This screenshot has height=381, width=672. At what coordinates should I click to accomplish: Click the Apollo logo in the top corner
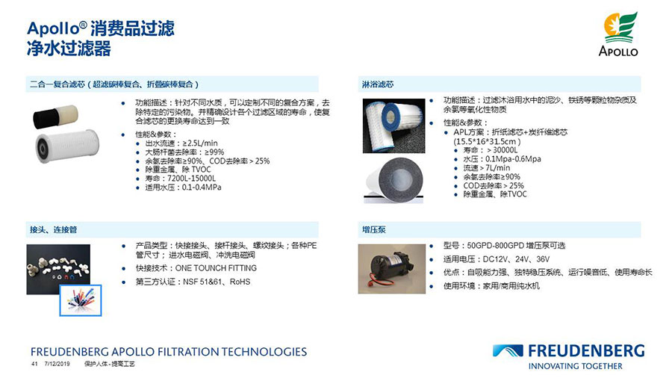pos(619,34)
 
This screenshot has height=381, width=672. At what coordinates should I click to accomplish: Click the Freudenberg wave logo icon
pos(508,350)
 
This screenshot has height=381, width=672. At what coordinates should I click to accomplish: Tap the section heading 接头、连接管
pos(54,229)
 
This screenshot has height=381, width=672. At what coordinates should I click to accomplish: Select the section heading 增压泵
pos(374,229)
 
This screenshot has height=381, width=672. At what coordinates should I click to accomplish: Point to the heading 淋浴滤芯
pos(378,84)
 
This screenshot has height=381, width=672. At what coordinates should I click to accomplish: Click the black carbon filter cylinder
pos(46,118)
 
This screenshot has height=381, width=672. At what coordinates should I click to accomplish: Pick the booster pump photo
pos(392,269)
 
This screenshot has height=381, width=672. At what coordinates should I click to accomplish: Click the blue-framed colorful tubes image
pos(81,300)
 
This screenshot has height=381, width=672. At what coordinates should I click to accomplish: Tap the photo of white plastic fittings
pos(58,269)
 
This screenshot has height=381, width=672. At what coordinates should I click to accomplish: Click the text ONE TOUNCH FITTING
pos(216,268)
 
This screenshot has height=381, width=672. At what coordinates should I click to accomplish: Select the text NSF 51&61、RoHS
pos(217,282)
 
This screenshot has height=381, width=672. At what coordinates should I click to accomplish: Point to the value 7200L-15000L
pos(192,179)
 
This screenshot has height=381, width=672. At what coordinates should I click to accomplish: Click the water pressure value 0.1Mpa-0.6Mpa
pos(513,159)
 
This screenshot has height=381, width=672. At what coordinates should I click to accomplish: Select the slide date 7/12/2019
pos(57,364)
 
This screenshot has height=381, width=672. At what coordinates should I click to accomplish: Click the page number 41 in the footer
pos(34,364)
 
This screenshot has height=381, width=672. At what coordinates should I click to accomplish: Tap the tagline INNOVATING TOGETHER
pos(575,366)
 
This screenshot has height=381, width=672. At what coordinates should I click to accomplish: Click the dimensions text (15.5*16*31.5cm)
pos(487,141)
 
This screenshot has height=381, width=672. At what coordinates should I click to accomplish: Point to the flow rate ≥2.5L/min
pos(200,143)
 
